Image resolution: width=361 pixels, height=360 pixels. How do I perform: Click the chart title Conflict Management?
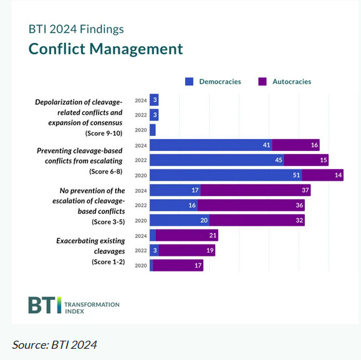coord(105,49)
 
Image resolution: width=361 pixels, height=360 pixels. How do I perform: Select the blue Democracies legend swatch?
coord(190,82)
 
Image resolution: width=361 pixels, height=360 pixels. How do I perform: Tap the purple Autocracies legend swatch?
coord(262,82)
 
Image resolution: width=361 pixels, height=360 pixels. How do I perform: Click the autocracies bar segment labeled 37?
coord(256,190)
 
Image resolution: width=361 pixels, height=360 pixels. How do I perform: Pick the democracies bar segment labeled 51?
coord(226,175)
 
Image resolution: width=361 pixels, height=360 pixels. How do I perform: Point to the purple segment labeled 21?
coord(187,235)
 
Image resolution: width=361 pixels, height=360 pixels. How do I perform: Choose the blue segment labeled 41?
coord(211,145)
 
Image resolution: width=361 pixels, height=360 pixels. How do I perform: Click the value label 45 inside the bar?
coord(279,160)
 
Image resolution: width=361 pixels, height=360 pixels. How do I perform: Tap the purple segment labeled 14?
coord(323,175)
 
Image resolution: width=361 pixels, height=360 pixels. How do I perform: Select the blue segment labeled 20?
coord(180,220)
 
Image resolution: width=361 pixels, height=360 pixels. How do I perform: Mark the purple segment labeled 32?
coord(257,220)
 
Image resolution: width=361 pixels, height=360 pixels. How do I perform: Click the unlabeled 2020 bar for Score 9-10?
coord(153,130)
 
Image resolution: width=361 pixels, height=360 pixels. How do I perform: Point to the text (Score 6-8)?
coord(105,172)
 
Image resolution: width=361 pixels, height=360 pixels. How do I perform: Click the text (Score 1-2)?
coord(108,262)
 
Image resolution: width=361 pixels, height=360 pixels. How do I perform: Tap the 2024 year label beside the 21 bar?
coord(141,236)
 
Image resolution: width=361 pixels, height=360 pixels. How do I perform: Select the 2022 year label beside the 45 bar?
coord(141,160)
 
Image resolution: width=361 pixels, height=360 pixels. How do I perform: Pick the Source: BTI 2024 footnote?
coord(55,345)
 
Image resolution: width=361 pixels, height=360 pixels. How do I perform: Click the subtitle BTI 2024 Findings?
coord(76,29)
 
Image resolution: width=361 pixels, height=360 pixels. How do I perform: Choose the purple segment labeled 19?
coord(187,250)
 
